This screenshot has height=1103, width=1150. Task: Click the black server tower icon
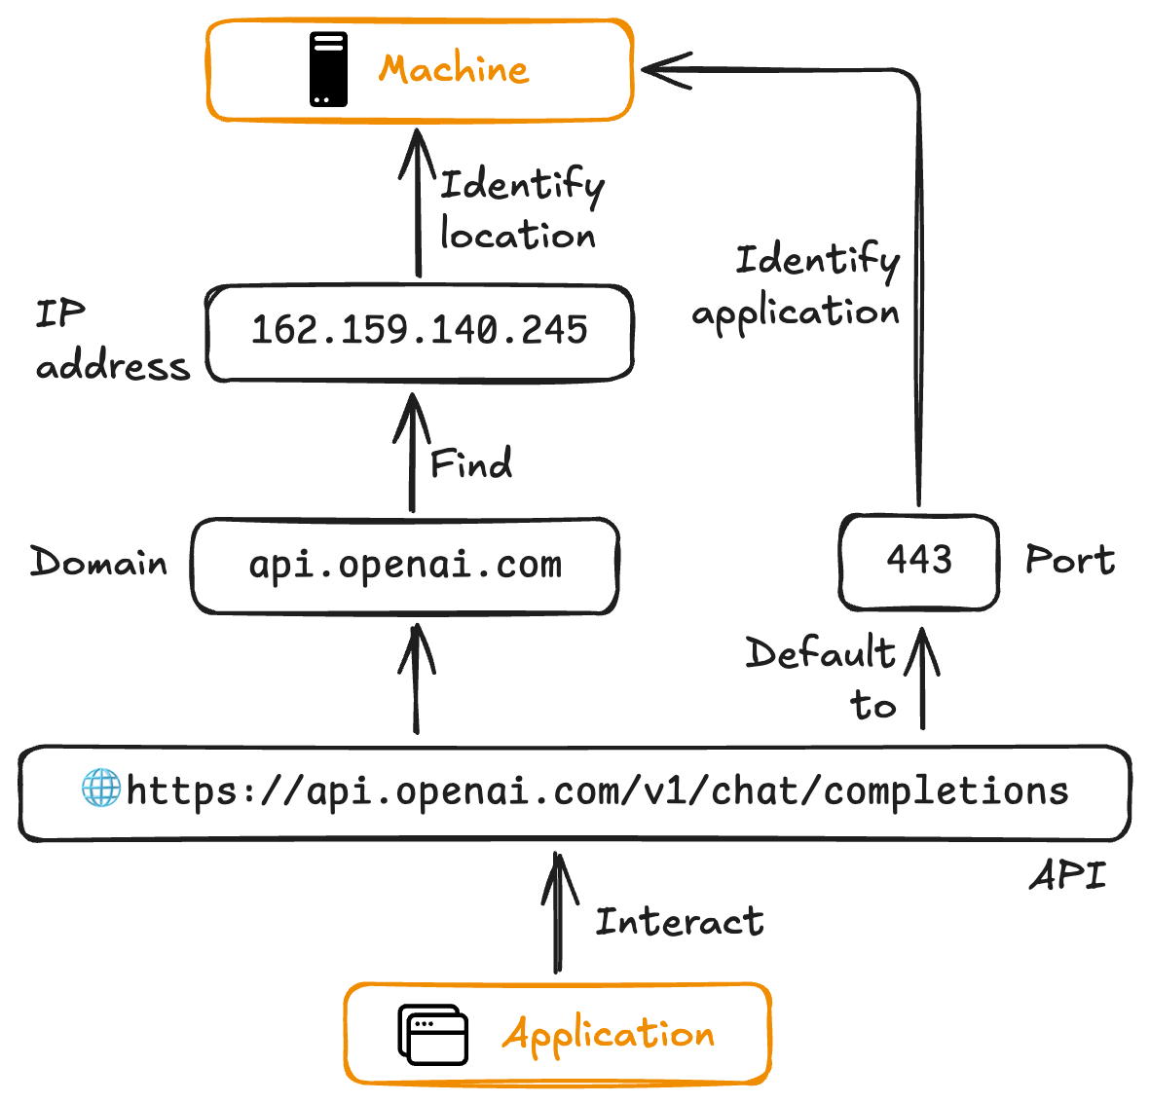pos(328,69)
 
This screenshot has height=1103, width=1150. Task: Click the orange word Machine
pos(454,69)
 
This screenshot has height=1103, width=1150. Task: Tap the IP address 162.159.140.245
pos(420,330)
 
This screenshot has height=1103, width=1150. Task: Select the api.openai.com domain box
pos(405,565)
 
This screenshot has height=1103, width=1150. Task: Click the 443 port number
pos(919,560)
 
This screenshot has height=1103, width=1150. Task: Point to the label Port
pos(1069,560)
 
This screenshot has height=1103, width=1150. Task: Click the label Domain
pos(98,563)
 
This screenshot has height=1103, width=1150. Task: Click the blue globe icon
pos(100,788)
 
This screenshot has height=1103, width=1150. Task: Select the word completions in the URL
pos(946,791)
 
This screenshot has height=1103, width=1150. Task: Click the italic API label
pos(1068,875)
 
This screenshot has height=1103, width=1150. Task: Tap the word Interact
pos(679,921)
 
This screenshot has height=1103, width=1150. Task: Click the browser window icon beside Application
pos(433,1034)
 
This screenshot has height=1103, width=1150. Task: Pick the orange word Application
pos(609,1034)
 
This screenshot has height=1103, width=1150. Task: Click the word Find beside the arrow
pos(471,463)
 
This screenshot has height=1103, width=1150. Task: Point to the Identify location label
pos(520,209)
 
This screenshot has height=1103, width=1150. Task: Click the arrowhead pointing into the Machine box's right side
pos(662,69)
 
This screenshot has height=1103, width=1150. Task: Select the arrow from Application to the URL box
pos(558,915)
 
